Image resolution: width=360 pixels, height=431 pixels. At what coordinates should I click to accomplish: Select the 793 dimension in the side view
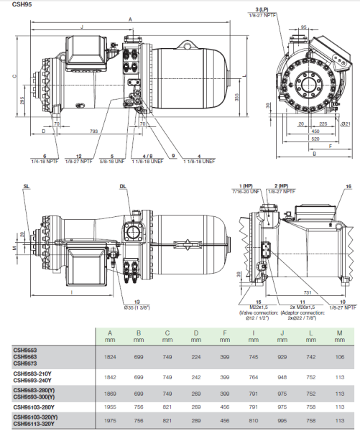click(x=93, y=131)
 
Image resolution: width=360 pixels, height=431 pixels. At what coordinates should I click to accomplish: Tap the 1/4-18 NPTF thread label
click(x=45, y=161)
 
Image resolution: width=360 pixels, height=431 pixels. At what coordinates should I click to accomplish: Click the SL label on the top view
click(x=27, y=185)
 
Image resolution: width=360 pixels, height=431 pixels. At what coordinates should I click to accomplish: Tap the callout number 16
click(x=349, y=186)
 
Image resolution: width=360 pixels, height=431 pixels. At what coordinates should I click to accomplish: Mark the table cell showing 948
click(x=282, y=376)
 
